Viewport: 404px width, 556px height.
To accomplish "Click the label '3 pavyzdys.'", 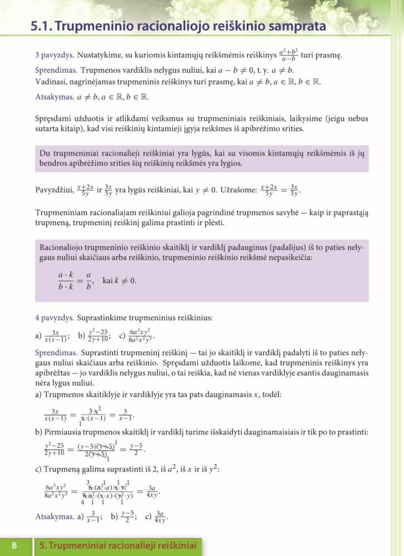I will click(x=55, y=55).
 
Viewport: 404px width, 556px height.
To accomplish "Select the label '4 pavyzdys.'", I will click(x=55, y=318).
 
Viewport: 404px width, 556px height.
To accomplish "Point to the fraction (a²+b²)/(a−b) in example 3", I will click(x=288, y=55).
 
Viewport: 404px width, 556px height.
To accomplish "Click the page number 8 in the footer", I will click(x=14, y=545).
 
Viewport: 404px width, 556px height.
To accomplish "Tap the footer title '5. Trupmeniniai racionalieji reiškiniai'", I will click(x=118, y=545).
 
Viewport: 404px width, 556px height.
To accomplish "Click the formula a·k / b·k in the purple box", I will click(x=66, y=280).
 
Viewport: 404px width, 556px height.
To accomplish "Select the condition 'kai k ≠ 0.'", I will click(x=119, y=280).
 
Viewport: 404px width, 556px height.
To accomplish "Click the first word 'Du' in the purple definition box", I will click(x=45, y=153).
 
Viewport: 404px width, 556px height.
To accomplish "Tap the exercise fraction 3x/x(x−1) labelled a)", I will click(x=55, y=336).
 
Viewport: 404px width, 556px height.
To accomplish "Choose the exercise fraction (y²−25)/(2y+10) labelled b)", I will click(x=98, y=335).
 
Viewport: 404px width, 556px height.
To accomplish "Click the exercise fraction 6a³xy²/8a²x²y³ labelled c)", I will click(x=140, y=335).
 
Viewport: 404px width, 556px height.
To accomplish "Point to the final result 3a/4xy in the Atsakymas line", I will click(x=160, y=517).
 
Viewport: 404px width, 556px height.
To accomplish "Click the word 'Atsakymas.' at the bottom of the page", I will click(x=55, y=517).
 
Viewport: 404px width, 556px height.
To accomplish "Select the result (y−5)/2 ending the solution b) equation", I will click(x=136, y=449).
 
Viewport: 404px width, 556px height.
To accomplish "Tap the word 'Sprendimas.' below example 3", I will click(x=56, y=70).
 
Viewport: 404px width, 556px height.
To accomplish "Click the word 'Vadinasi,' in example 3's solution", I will click(x=50, y=82).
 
